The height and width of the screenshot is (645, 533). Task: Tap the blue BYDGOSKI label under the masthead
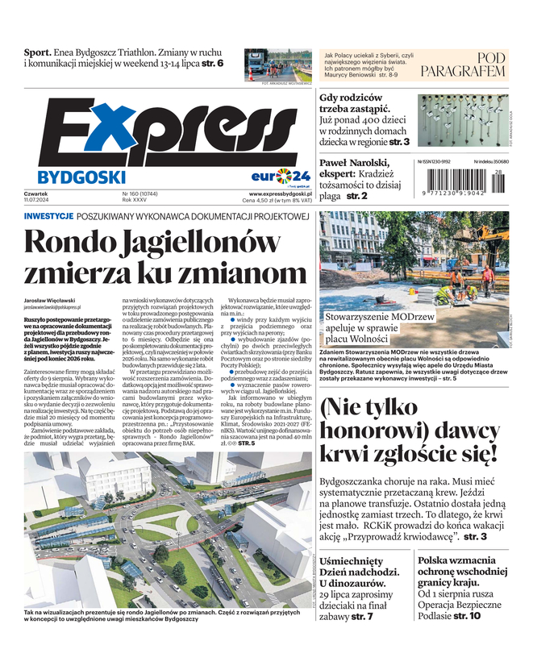pyautogui.click(x=81, y=177)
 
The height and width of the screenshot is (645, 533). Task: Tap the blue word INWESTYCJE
pyautogui.click(x=49, y=217)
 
